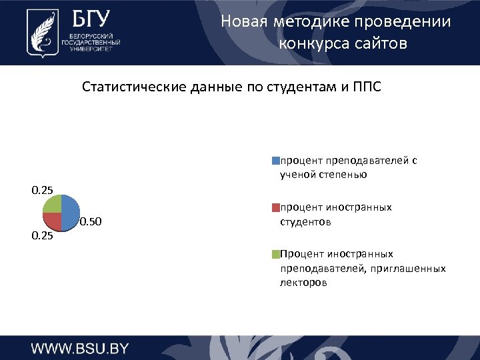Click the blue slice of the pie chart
point(70,213)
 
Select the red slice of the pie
point(53,221)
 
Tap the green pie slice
point(53,204)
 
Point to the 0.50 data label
point(91,222)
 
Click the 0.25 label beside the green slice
point(43,191)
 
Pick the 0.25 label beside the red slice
point(43,235)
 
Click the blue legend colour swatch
point(275,161)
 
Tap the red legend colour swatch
point(275,207)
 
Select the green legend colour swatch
point(275,254)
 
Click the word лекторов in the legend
point(303,283)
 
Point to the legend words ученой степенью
point(323,175)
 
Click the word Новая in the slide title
point(244,22)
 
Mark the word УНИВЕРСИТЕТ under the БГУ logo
point(90,49)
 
